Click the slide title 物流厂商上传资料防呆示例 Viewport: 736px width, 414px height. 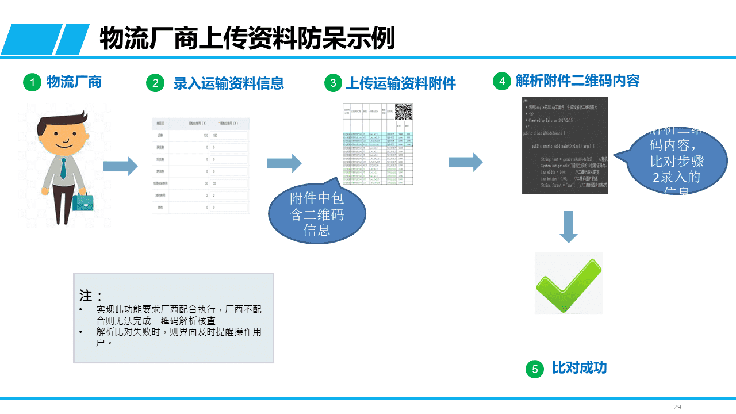(x=247, y=39)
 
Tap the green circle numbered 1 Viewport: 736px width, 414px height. (x=32, y=83)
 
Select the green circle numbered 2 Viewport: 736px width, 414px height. (x=155, y=83)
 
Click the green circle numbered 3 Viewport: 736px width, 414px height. (x=333, y=83)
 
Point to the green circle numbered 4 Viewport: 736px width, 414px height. (x=502, y=81)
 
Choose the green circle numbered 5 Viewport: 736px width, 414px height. (x=535, y=369)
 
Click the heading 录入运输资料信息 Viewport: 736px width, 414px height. (x=229, y=83)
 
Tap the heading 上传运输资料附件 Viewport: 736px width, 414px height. (x=400, y=83)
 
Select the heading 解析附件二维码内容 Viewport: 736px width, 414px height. (x=577, y=80)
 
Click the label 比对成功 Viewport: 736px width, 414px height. (x=579, y=368)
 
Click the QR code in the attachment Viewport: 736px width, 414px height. (x=403, y=112)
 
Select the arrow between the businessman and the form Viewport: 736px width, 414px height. (x=120, y=166)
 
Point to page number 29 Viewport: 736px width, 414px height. (x=677, y=407)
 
